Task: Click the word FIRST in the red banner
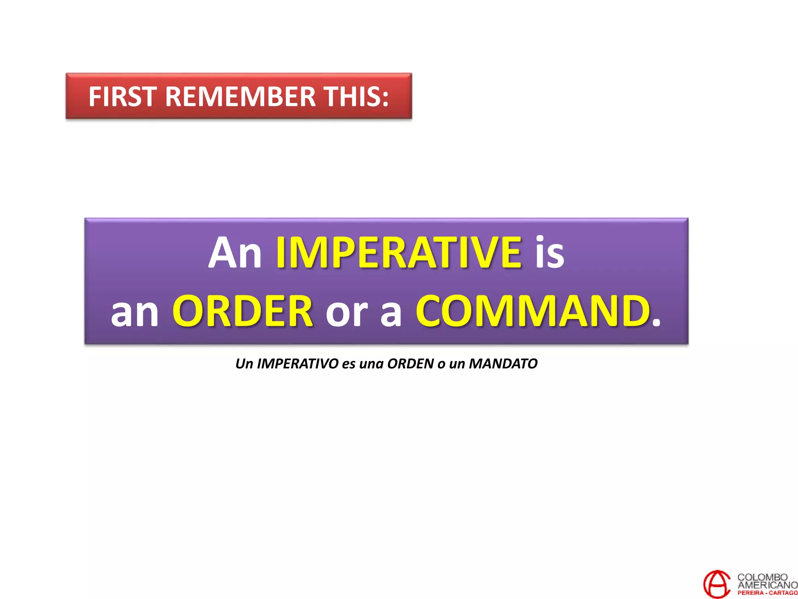click(122, 97)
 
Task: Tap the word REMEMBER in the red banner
click(240, 97)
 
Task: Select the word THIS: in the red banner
click(357, 97)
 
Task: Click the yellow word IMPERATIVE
click(399, 252)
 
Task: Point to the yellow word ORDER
click(243, 311)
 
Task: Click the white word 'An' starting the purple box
click(235, 252)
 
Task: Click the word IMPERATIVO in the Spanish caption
click(298, 363)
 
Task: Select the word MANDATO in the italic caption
click(503, 363)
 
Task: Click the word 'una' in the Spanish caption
click(371, 364)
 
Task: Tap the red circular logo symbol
click(716, 584)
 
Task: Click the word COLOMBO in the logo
click(763, 577)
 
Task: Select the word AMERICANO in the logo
click(767, 585)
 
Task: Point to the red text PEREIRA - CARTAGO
click(767, 593)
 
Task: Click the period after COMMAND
click(656, 323)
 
